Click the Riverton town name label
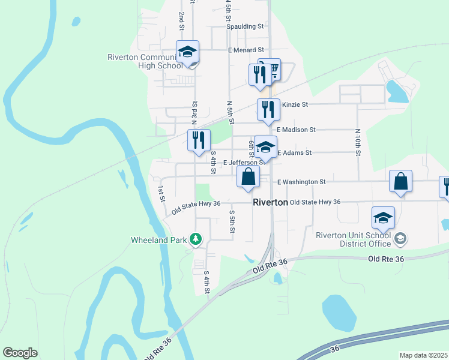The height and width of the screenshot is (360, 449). (270, 202)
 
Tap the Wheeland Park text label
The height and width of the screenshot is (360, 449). (160, 240)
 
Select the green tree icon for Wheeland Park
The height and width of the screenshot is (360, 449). (195, 240)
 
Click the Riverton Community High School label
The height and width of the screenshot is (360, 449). (145, 61)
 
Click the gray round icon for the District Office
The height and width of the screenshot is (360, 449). (401, 239)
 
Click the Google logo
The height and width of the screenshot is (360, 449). (20, 353)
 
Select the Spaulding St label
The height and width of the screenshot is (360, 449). (245, 26)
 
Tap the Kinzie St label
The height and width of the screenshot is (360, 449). (295, 104)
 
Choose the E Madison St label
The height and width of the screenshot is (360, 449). (296, 130)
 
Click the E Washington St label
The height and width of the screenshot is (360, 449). (301, 181)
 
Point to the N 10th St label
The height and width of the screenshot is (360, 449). (357, 142)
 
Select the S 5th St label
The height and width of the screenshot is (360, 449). (232, 221)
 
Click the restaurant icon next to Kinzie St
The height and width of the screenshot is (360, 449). (268, 109)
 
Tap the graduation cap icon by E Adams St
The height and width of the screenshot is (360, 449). (265, 146)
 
